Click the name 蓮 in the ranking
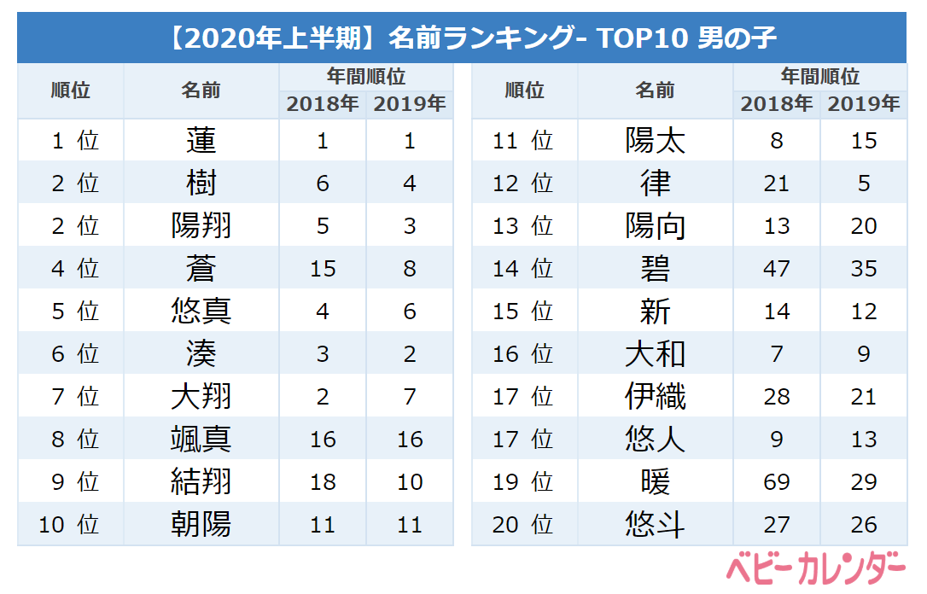point(201,140)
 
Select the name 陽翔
point(201,225)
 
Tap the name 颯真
point(201,439)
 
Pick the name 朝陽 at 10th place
point(201,524)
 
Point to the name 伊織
point(655,396)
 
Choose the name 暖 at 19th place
point(655,481)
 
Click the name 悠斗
point(655,524)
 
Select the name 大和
point(655,353)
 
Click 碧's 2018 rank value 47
point(777,268)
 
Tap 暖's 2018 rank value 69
point(777,481)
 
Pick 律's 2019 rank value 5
point(864,183)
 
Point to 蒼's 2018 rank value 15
point(323,268)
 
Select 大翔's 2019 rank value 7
point(410,396)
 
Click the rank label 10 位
point(69,524)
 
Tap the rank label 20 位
point(523,524)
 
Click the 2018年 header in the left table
point(323,104)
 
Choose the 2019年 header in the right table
point(864,104)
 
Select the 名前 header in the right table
point(655,90)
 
